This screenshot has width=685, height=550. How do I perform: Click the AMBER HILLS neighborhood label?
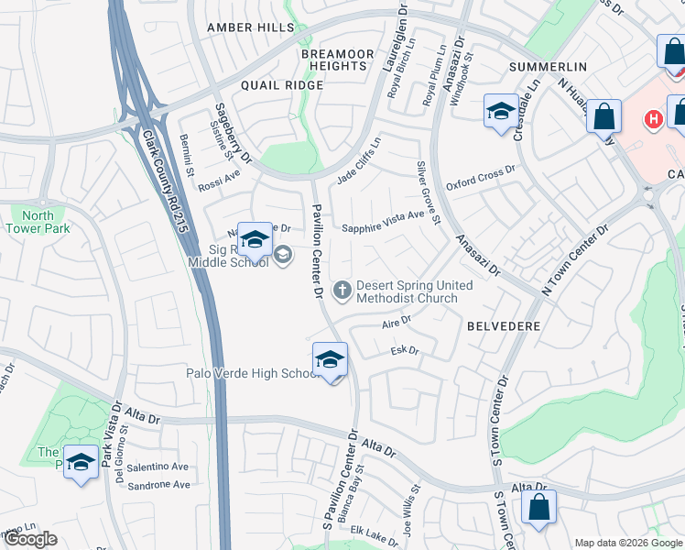[x=251, y=28]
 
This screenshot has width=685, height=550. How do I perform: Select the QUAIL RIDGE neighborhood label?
[x=282, y=85]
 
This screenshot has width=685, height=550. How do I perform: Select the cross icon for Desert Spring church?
[x=342, y=291]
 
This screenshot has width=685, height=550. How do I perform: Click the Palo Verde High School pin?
[x=330, y=360]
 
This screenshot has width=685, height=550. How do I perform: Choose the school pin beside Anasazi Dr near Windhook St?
[x=500, y=113]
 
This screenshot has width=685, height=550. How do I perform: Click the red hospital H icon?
[x=652, y=119]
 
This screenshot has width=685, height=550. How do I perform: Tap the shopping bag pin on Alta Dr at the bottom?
[x=539, y=507]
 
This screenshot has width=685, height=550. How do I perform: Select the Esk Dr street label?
[x=404, y=351]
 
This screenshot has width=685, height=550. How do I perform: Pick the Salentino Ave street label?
[x=158, y=467]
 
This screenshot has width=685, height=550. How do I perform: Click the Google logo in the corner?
[x=31, y=539]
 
